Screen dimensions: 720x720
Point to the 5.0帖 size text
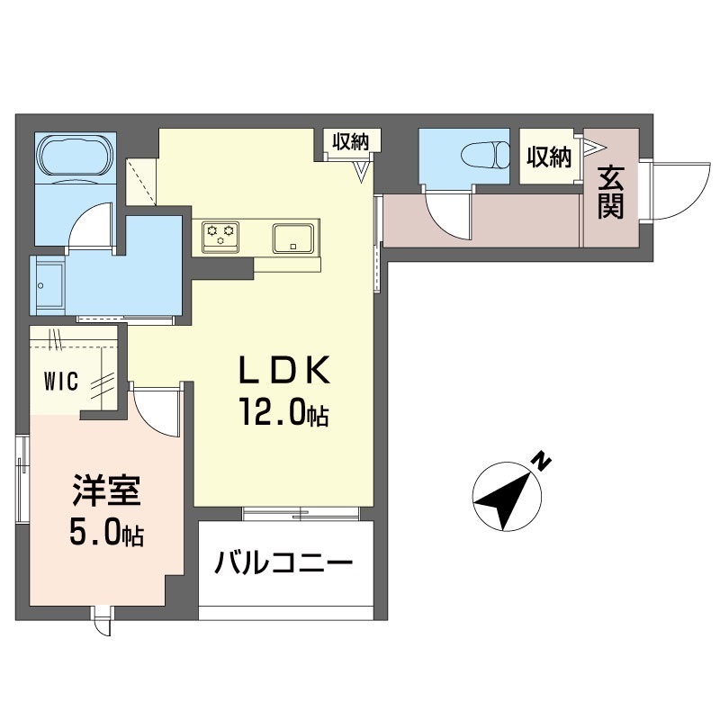105,535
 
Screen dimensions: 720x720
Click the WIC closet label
60,382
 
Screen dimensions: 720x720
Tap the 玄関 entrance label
611,193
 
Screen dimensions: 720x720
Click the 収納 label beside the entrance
549,157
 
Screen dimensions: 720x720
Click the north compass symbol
507,494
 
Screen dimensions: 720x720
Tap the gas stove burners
220,236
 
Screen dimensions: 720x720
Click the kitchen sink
292,238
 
